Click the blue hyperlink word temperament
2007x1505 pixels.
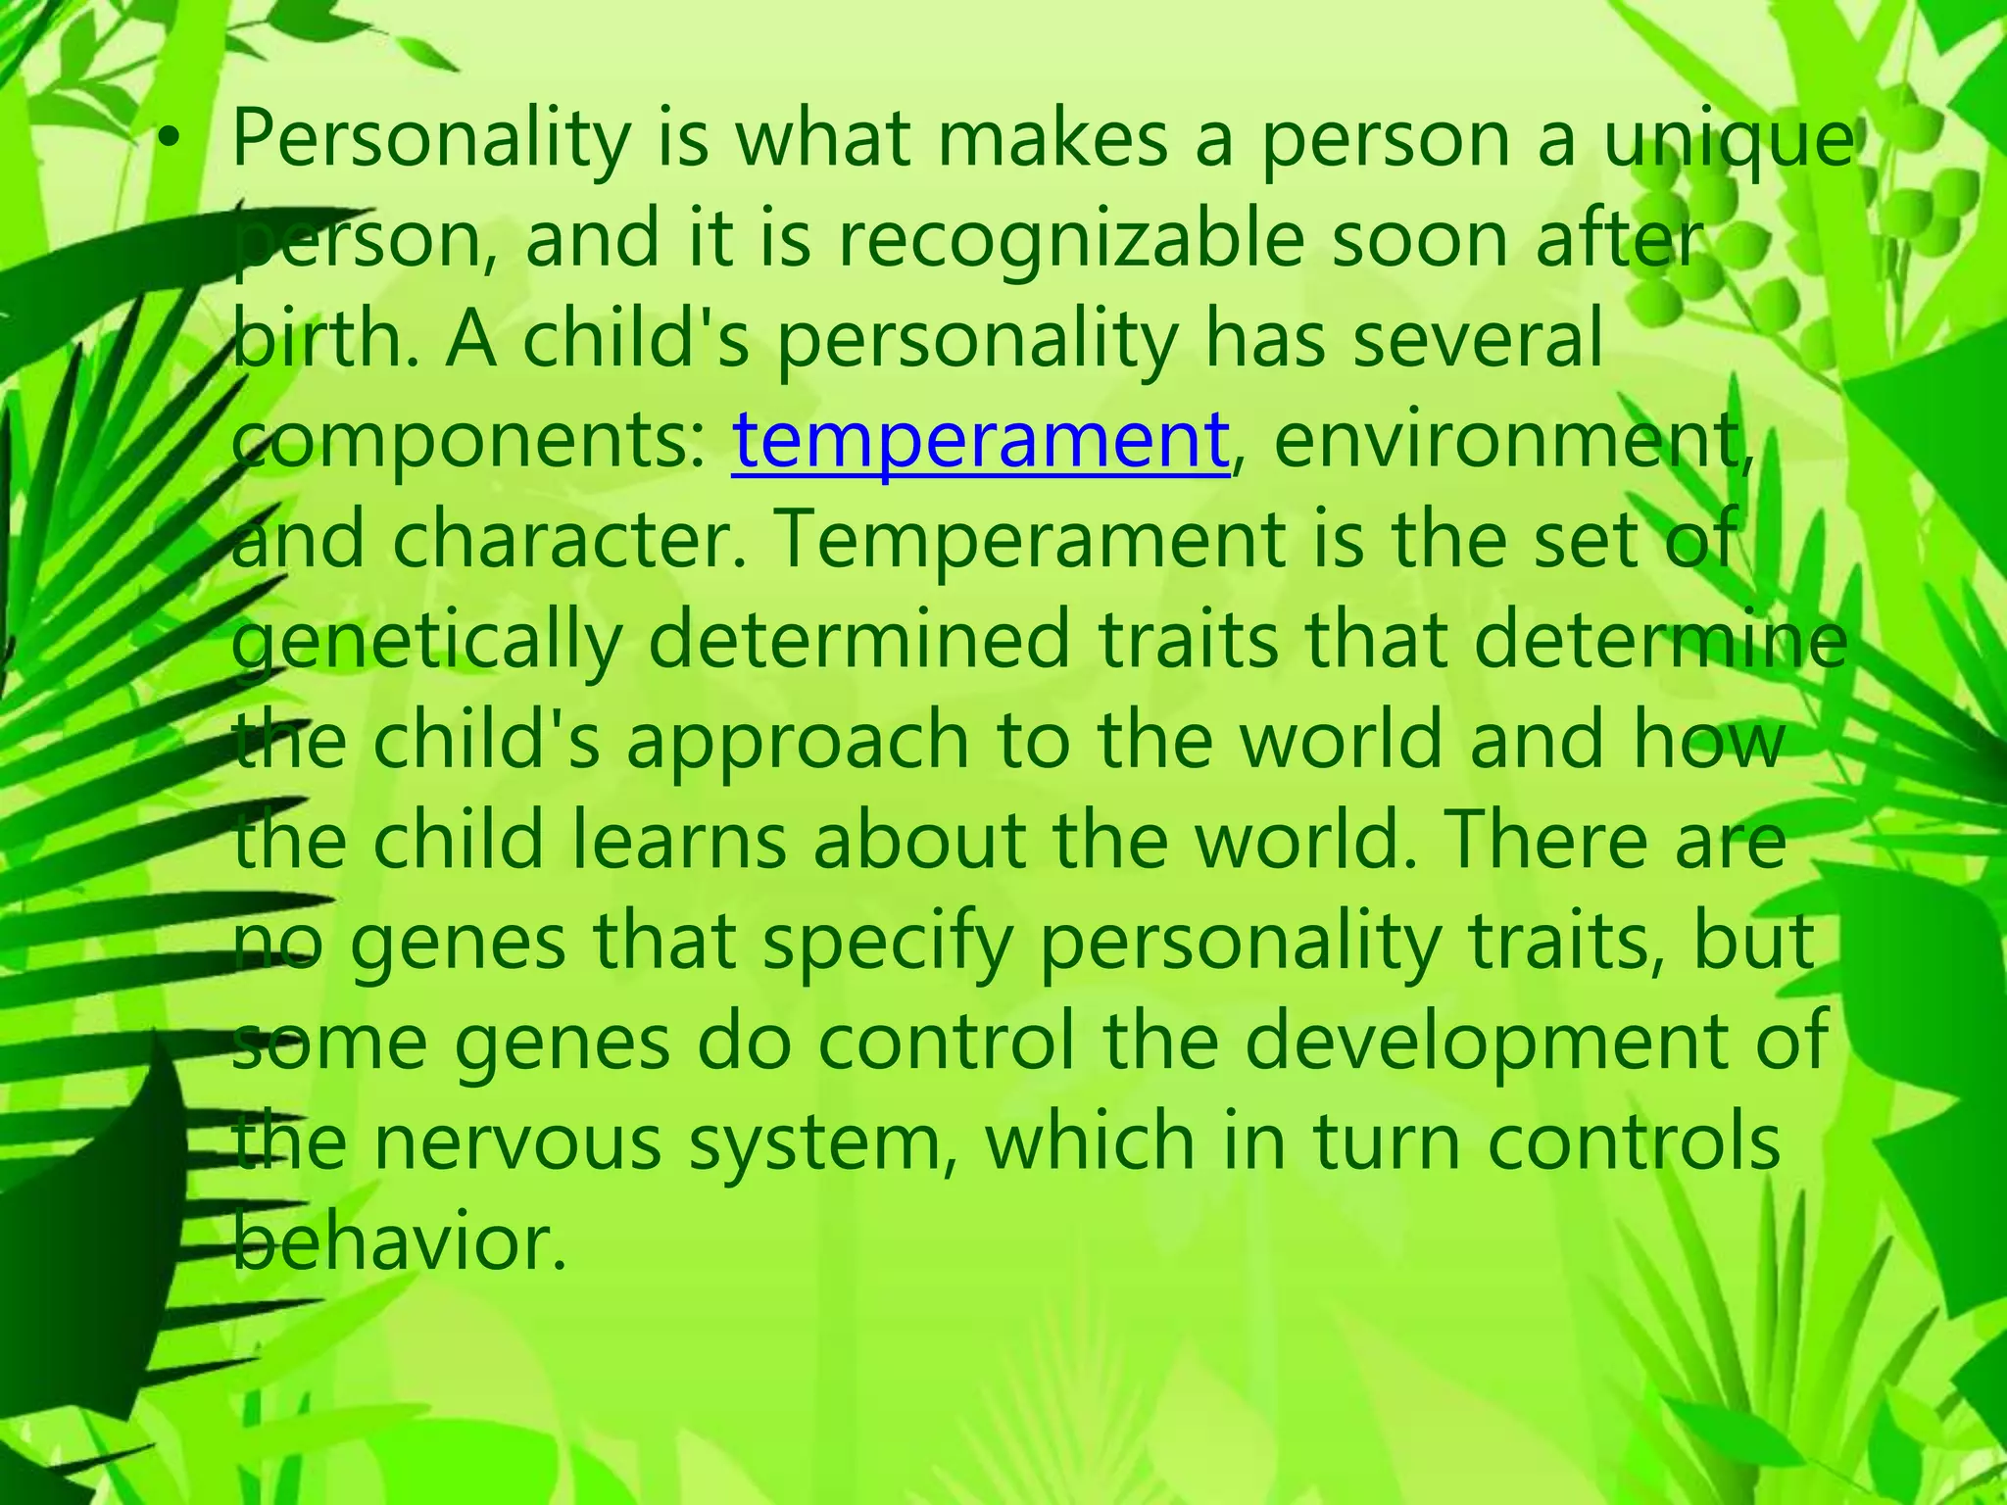980,443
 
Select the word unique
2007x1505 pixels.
1729,143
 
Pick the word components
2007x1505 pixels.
466,443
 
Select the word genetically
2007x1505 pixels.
427,643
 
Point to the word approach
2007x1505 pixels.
798,743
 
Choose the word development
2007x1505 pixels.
1515,1043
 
